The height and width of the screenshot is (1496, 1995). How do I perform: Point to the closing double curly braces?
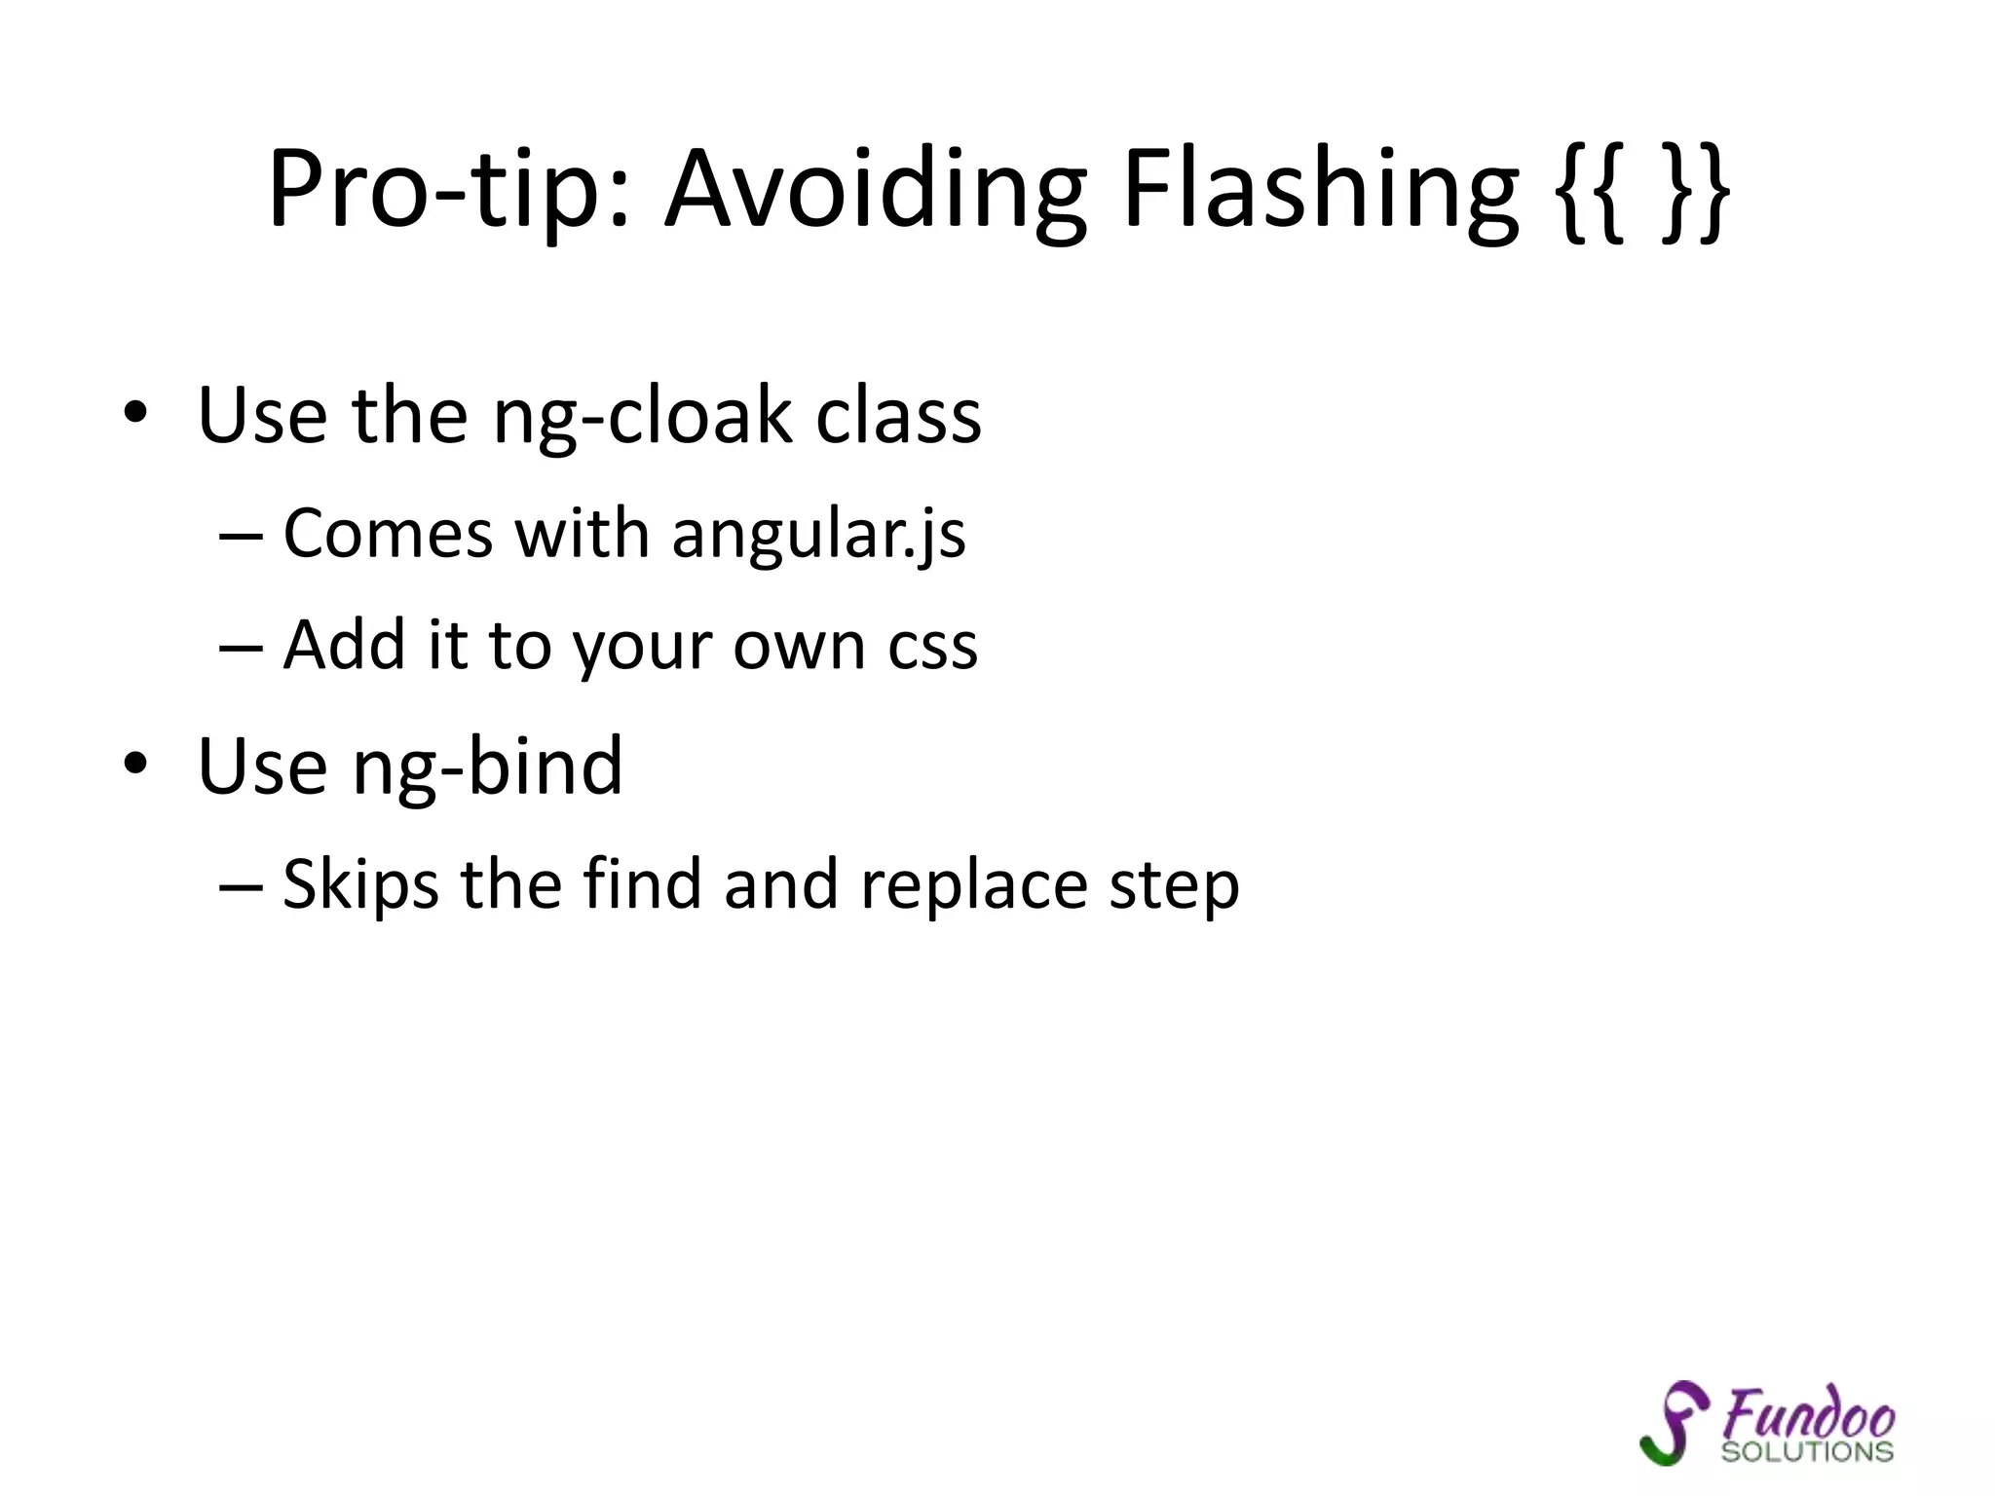tap(1694, 190)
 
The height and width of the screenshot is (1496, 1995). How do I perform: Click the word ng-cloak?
tap(642, 417)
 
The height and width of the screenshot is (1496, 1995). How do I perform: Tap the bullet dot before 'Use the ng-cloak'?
tap(135, 413)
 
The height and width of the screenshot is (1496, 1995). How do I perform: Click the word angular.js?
tap(818, 535)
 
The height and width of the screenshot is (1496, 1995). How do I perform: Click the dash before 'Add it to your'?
tap(241, 646)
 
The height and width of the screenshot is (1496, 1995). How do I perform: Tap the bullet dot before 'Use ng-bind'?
tap(135, 764)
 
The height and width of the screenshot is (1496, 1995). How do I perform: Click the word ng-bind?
tap(487, 767)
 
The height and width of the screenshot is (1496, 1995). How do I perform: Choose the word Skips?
tap(360, 884)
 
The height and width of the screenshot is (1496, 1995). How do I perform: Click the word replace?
tap(973, 884)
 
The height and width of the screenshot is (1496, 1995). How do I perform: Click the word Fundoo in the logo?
tap(1808, 1415)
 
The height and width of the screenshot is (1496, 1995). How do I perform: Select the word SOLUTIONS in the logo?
tap(1807, 1452)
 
